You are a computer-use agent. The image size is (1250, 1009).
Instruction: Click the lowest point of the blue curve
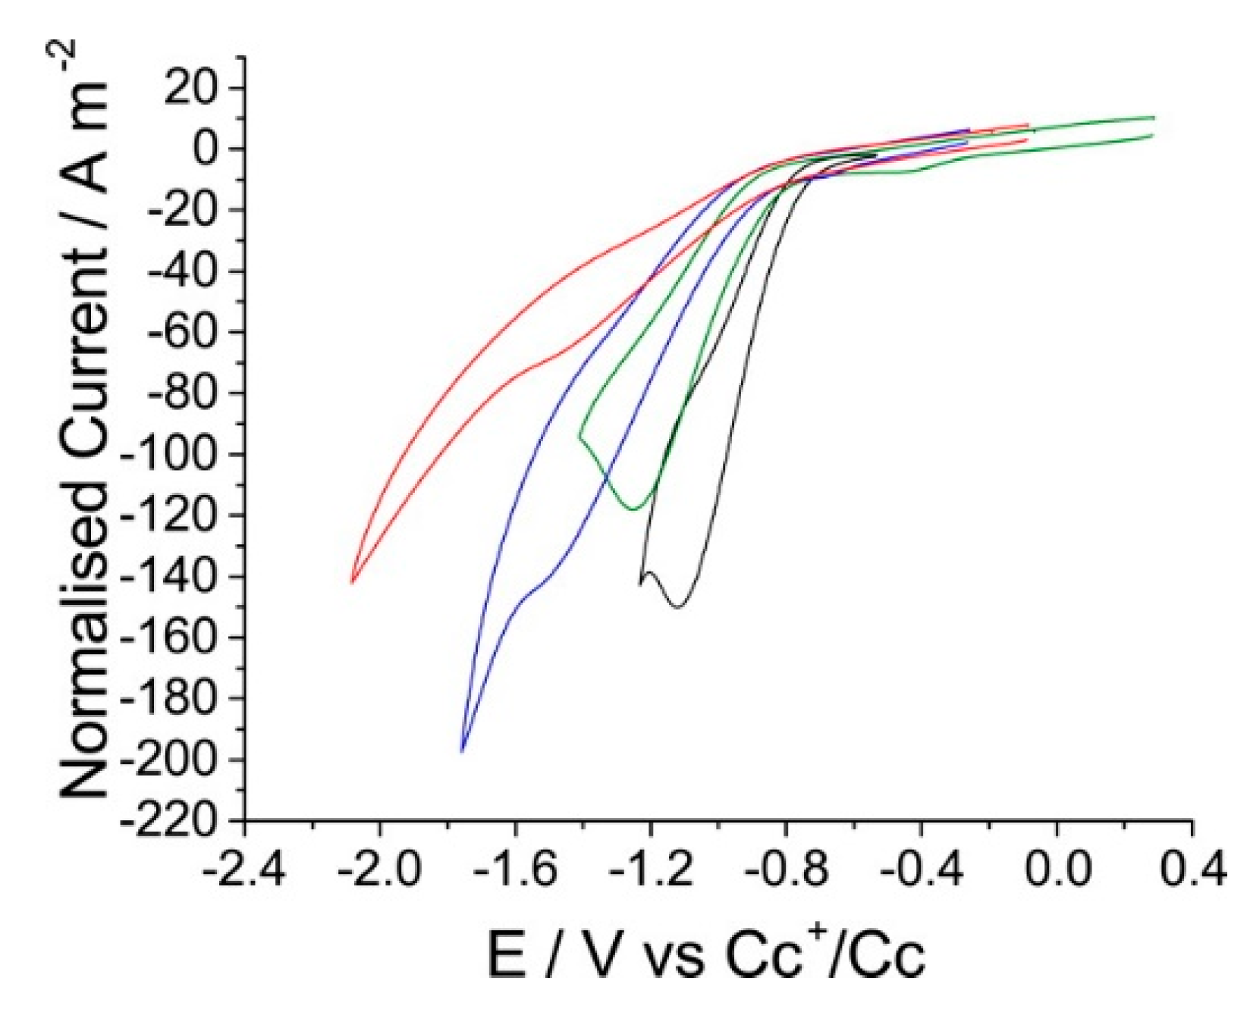[462, 750]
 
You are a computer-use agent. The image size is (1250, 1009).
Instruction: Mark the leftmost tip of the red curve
[352, 582]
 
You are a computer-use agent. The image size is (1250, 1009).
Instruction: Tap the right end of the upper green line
[1153, 118]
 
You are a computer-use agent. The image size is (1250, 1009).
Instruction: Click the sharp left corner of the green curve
[579, 437]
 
